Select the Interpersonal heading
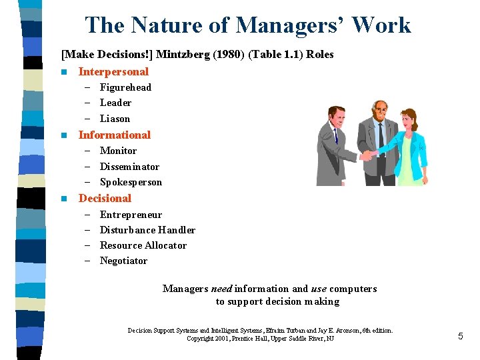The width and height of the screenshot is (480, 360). [x=113, y=71]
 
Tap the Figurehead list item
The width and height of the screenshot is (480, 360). [x=125, y=87]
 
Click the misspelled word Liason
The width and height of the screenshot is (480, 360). [x=115, y=119]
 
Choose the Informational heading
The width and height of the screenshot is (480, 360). [x=115, y=135]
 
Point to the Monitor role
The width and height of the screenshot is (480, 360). [x=118, y=151]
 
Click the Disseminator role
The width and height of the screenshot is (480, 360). [x=129, y=167]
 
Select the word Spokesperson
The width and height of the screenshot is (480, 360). [x=131, y=182]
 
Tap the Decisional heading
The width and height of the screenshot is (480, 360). [x=105, y=198]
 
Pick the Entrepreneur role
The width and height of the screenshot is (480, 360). [x=131, y=215]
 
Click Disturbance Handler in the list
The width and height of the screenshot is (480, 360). [x=147, y=230]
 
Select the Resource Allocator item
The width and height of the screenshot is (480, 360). [x=143, y=245]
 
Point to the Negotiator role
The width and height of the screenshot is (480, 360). [x=123, y=261]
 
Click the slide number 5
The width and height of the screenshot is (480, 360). [x=460, y=337]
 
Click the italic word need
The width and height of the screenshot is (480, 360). [x=221, y=289]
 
